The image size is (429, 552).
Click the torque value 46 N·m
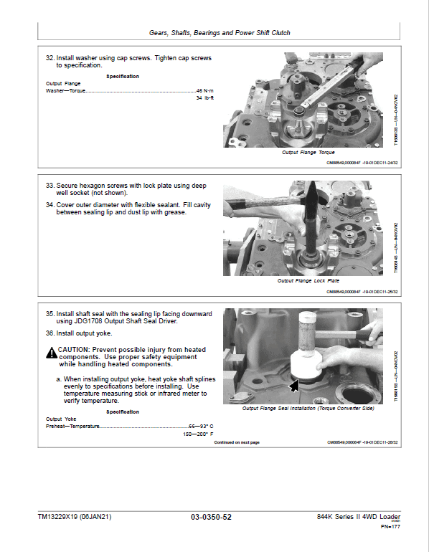[x=204, y=91]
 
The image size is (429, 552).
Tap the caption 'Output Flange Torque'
[x=308, y=153]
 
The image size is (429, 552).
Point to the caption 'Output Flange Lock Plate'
[x=308, y=280]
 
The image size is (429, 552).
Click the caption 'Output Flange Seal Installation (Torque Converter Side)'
[x=308, y=408]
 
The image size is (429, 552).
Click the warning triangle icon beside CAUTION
[x=51, y=352]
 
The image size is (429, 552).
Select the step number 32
[x=49, y=57]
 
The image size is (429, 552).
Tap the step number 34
[x=49, y=204]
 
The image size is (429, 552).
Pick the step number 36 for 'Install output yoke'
[x=49, y=333]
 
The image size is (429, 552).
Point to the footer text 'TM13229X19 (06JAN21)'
[x=75, y=517]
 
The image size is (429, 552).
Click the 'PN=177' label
[x=390, y=528]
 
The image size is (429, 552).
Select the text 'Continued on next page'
[x=237, y=442]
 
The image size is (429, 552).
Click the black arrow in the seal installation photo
[x=292, y=386]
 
